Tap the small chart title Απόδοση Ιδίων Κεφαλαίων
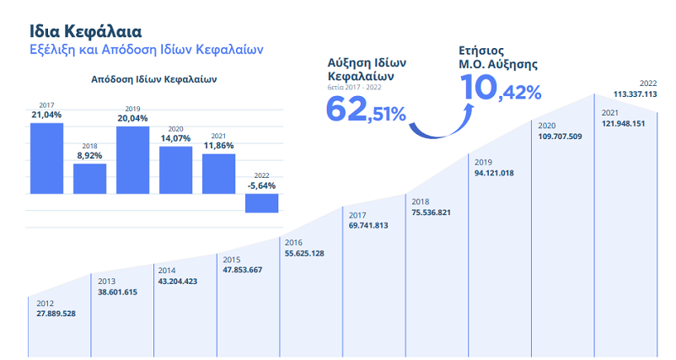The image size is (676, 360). [x=154, y=81]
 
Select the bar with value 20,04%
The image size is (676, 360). [x=132, y=159]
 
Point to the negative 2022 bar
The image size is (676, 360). [x=261, y=202]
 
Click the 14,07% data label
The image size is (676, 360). [x=175, y=138]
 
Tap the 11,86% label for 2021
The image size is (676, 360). [x=218, y=146]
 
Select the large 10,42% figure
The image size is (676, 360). [x=500, y=90]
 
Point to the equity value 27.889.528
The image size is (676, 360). [x=56, y=314]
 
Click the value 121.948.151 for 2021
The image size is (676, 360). [x=624, y=124]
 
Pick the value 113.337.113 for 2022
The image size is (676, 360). [x=635, y=94]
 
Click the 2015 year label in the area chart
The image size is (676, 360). [x=231, y=259]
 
